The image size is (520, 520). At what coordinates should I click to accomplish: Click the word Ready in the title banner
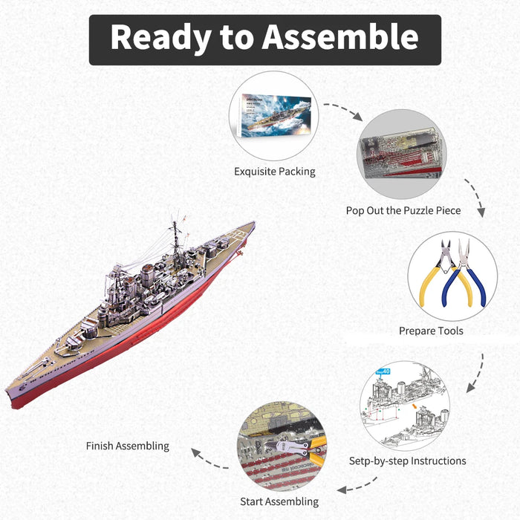pyautogui.click(x=155, y=38)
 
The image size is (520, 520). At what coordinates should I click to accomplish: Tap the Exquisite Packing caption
pyautogui.click(x=275, y=172)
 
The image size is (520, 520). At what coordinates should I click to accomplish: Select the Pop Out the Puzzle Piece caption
pyautogui.click(x=403, y=210)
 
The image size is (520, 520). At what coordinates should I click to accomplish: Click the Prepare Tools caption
pyautogui.click(x=432, y=331)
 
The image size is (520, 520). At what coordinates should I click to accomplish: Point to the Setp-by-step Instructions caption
pyautogui.click(x=408, y=461)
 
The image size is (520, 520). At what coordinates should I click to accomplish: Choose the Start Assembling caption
pyautogui.click(x=279, y=501)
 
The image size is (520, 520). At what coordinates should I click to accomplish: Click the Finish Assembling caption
pyautogui.click(x=128, y=446)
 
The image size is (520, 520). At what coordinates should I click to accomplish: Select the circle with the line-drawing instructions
pyautogui.click(x=404, y=406)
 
